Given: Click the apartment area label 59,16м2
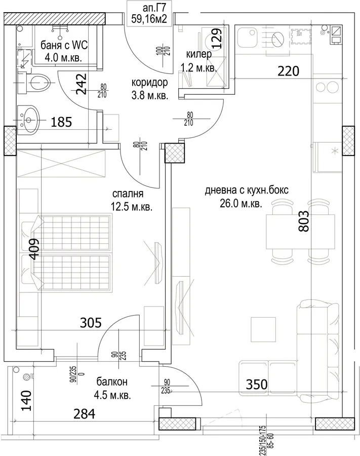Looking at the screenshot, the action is coord(149,19).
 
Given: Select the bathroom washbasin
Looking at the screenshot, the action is coord(28,120).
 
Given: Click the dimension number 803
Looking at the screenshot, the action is coord(304,221).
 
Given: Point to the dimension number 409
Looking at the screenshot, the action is coord(34,249).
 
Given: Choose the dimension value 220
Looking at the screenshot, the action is coord(288,71).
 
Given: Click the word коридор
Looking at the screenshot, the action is coord(150,83).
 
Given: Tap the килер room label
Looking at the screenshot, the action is coord(199,54).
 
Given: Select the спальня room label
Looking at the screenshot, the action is coord(128,194).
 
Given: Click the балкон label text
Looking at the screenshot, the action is coord(112,381).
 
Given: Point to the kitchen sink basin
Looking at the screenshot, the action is coord(248,37).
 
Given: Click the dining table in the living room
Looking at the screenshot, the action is coord(300,232).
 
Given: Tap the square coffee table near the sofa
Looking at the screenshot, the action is coord(263,329).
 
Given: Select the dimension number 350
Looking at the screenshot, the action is coord(257,385).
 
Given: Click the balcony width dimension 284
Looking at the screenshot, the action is coord(84,414).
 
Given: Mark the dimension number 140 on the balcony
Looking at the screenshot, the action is coord(26,400).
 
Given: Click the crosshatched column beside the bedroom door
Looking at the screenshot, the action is coord(174,153).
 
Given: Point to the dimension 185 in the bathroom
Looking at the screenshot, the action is coord(61,122).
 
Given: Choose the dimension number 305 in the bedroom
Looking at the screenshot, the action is coord(91,323).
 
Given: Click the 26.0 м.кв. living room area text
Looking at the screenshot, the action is coord(241,204).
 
